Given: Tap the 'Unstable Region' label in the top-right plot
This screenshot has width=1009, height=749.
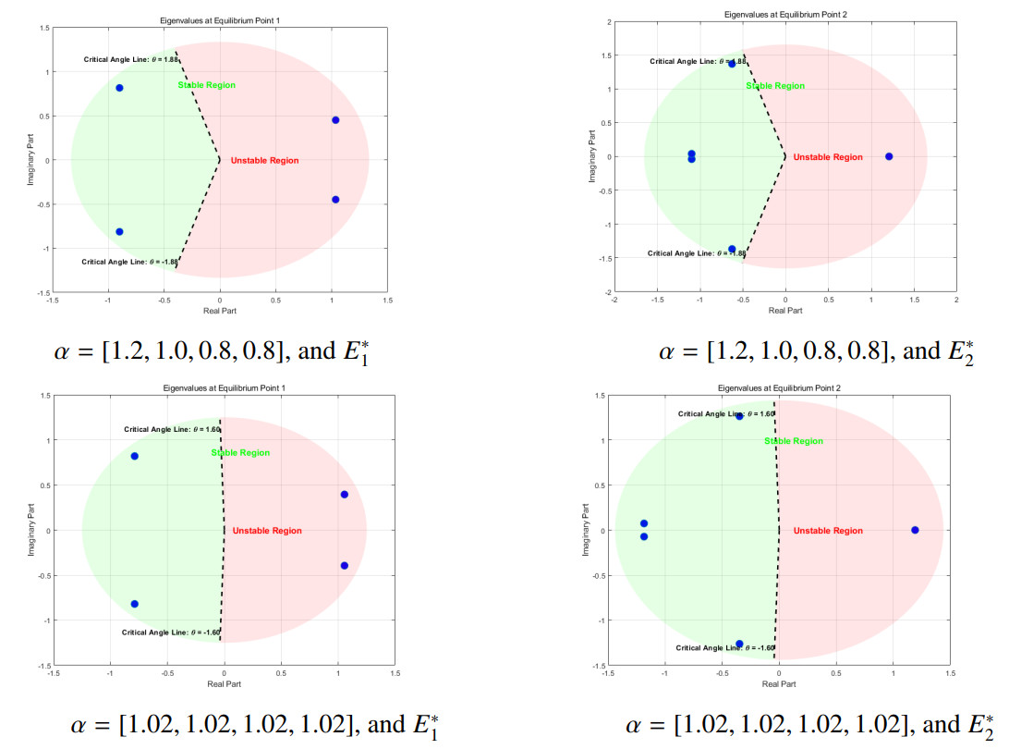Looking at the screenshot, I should click(828, 157).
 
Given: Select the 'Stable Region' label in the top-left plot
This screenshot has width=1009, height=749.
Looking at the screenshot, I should click(207, 85).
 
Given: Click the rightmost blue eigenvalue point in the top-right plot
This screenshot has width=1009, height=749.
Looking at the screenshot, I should click(889, 156).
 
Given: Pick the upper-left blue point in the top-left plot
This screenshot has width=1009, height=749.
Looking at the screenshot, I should click(119, 88).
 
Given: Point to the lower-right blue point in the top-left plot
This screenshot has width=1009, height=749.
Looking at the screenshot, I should click(335, 200).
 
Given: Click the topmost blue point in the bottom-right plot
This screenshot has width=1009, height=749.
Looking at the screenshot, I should click(739, 416).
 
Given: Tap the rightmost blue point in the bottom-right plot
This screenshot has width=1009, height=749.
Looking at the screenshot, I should click(915, 530).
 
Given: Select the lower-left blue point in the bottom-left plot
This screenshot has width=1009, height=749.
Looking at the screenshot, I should click(134, 604).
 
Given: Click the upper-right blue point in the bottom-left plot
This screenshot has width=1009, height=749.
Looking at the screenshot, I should click(344, 495).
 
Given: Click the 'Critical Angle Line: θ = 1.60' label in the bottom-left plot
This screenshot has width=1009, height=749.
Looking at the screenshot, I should click(173, 429).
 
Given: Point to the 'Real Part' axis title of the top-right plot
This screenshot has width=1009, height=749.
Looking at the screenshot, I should click(785, 311).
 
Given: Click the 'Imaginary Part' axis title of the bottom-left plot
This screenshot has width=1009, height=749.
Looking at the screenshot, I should click(30, 530).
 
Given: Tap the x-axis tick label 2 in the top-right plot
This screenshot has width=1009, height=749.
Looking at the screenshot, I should click(956, 300).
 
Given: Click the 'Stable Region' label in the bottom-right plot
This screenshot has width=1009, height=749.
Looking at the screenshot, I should click(794, 441).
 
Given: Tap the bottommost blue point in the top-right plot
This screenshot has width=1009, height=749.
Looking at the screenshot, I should click(732, 250).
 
